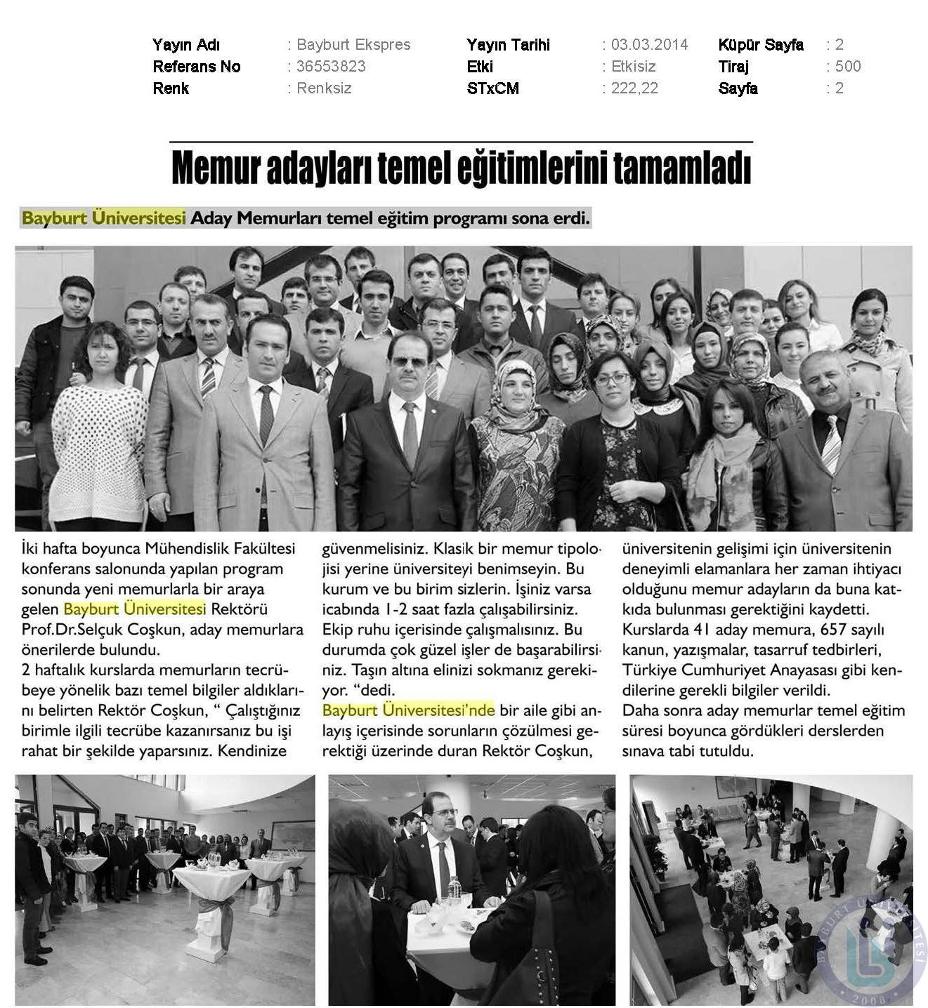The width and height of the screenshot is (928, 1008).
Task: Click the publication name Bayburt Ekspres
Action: coord(353,45)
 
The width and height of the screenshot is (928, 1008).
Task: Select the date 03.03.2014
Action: coord(649,45)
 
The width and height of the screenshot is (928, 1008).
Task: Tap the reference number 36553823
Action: coord(331,67)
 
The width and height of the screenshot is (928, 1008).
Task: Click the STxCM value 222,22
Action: coord(634,88)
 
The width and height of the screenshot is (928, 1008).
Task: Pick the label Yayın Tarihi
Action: coord(508,45)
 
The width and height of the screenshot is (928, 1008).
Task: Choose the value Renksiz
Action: coord(324,88)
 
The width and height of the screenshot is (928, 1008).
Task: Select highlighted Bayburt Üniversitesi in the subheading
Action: coord(104,218)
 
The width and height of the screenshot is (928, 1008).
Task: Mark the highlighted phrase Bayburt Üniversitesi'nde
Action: coord(408,710)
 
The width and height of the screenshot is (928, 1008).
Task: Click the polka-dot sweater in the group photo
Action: coord(98,456)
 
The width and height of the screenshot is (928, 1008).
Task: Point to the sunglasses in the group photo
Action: coord(409,362)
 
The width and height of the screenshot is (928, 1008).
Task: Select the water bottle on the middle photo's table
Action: coord(455,887)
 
